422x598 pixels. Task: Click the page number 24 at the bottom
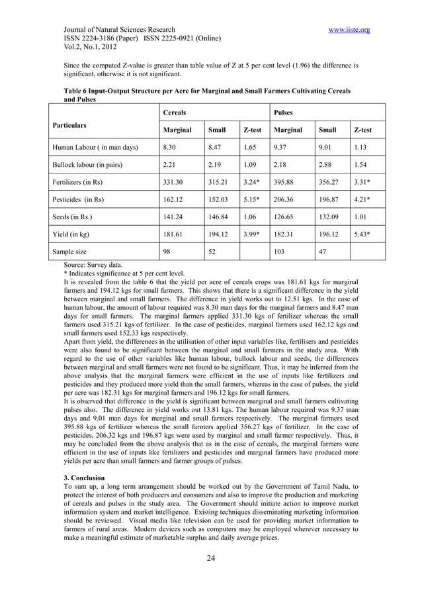pyautogui.click(x=211, y=558)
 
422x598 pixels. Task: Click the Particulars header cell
pyautogui.click(x=72, y=124)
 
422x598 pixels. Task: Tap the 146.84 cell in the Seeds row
pyautogui.click(x=218, y=216)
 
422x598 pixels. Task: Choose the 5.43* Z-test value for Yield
pyautogui.click(x=363, y=234)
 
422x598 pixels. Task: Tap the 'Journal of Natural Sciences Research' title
pyautogui.click(x=119, y=30)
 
